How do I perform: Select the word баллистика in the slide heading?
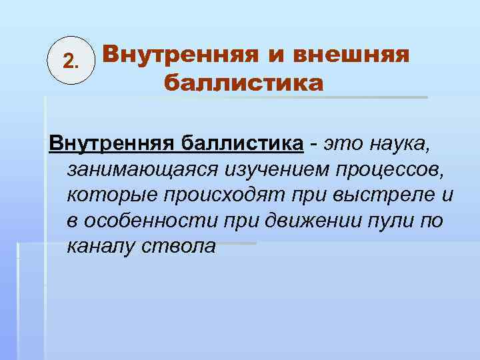click(x=243, y=84)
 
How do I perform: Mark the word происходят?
click(x=213, y=196)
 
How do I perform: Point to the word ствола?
click(x=179, y=247)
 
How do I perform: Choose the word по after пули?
click(x=430, y=221)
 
